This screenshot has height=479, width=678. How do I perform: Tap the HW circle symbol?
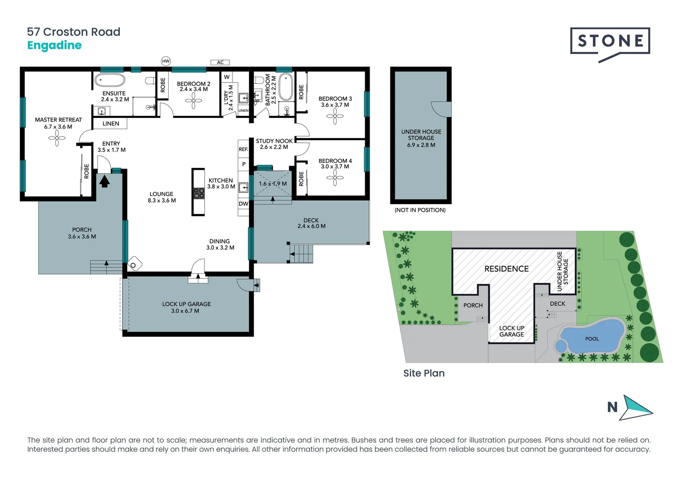(166, 61)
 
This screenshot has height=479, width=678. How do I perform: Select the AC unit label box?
(220, 63)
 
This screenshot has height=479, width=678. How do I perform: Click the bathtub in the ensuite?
(110, 80)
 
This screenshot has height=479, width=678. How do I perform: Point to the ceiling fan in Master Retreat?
(57, 138)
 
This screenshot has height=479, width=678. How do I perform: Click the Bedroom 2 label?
(193, 86)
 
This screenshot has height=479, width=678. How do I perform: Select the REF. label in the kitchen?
(243, 149)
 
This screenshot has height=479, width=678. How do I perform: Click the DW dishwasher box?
(243, 204)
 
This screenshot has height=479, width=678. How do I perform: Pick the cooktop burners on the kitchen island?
(199, 193)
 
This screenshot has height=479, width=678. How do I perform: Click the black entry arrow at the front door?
(104, 181)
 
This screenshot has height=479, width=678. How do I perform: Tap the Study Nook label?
(274, 144)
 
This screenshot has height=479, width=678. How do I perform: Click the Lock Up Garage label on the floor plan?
(186, 307)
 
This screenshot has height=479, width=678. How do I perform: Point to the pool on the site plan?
(591, 336)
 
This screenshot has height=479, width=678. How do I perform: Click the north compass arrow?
(636, 408)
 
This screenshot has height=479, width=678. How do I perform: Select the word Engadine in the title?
(54, 45)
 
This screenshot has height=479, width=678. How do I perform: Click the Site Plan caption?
(424, 373)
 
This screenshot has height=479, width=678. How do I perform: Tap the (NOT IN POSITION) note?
(420, 210)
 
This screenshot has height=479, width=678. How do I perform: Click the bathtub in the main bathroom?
(285, 87)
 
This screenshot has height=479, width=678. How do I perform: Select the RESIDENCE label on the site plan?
(506, 269)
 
